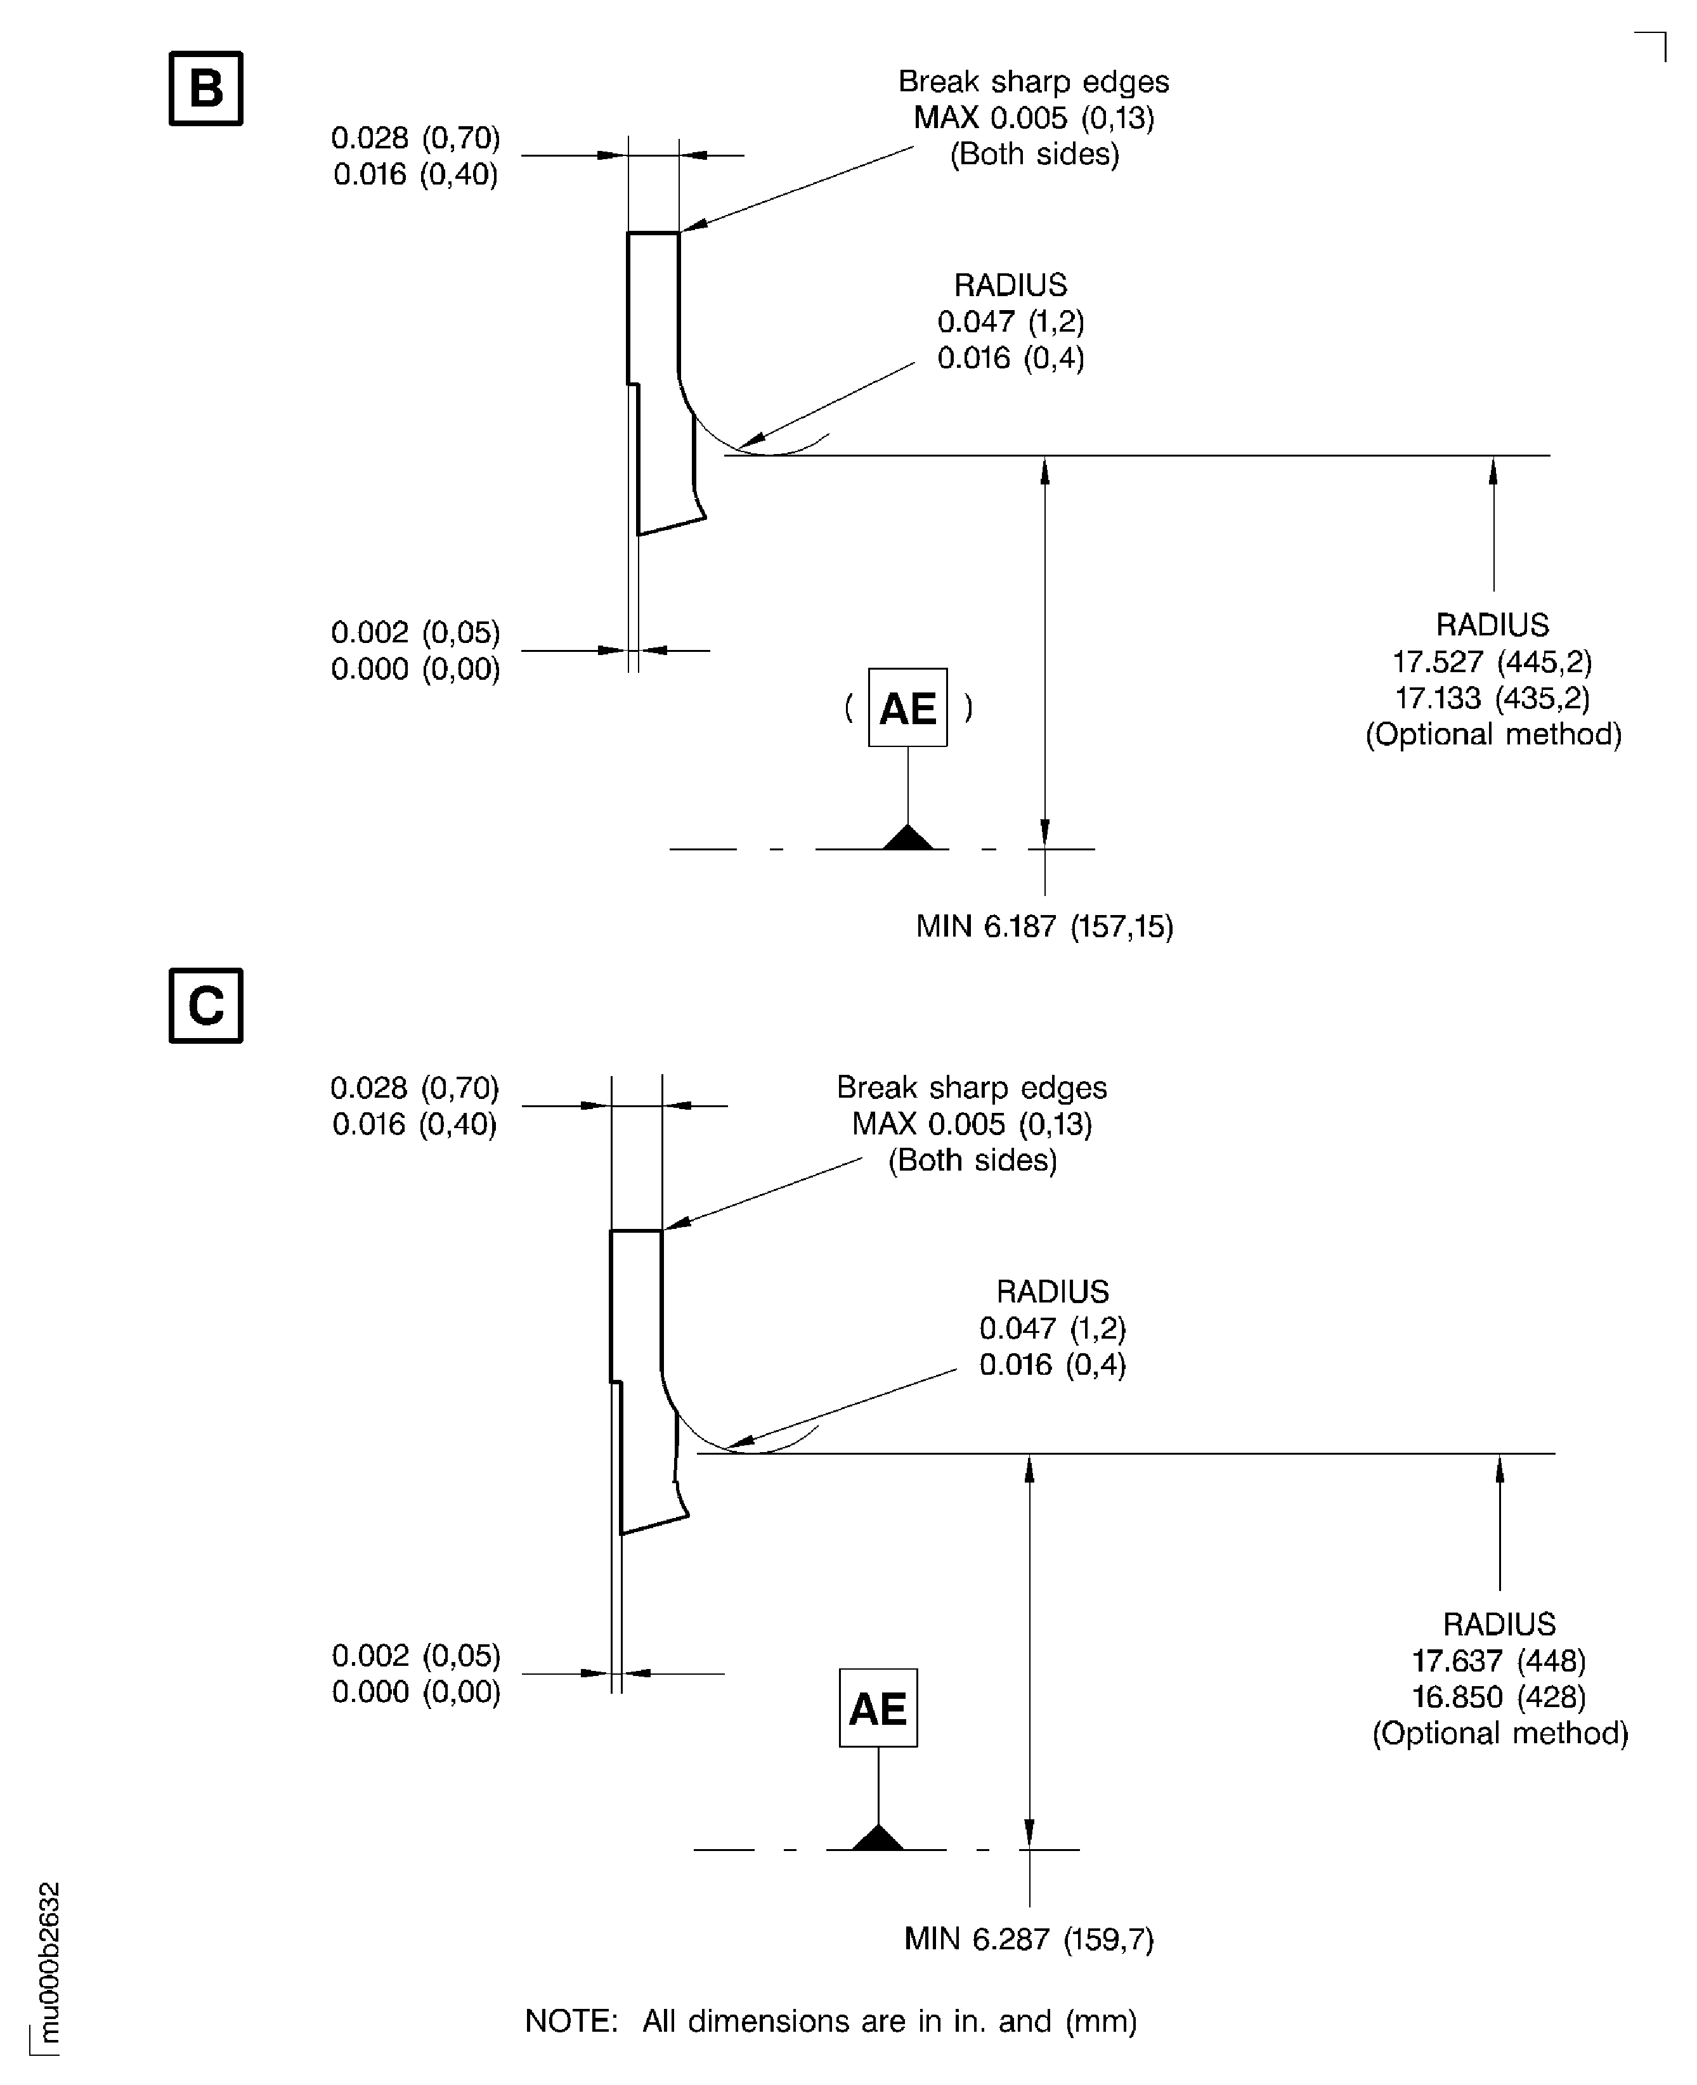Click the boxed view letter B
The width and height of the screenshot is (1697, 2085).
tap(205, 88)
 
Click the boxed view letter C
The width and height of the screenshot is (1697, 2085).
tap(205, 1006)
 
